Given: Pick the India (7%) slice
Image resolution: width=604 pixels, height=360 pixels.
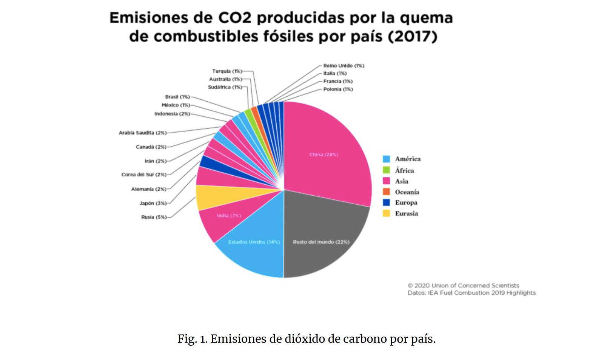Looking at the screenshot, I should tap(226, 219).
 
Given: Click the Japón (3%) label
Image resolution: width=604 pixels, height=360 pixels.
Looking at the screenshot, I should tap(153, 203).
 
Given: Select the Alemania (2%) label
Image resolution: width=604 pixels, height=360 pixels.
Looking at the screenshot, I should tap(149, 189).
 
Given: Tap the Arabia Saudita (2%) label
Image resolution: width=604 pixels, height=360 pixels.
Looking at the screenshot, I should tap(142, 133).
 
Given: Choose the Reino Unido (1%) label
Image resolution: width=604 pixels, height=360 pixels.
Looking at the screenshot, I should tap(344, 66).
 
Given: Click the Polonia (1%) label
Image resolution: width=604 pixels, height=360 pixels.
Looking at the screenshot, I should tap(338, 90).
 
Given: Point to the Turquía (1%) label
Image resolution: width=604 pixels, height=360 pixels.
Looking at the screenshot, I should tap(227, 71).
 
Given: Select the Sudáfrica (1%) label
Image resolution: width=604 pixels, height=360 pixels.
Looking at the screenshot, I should tap(225, 87).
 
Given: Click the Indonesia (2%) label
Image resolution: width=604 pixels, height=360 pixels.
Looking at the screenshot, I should tap(172, 114).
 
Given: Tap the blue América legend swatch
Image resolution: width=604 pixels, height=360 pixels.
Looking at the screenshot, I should tap(386, 159).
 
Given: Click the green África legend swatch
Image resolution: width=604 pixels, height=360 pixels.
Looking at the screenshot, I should tap(386, 170).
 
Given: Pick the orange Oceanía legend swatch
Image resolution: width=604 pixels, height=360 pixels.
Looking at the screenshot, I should tap(386, 192).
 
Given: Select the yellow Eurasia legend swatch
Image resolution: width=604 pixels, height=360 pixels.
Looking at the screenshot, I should tap(386, 213).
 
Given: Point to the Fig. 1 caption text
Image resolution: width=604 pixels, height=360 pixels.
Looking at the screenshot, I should tap(307, 339).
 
